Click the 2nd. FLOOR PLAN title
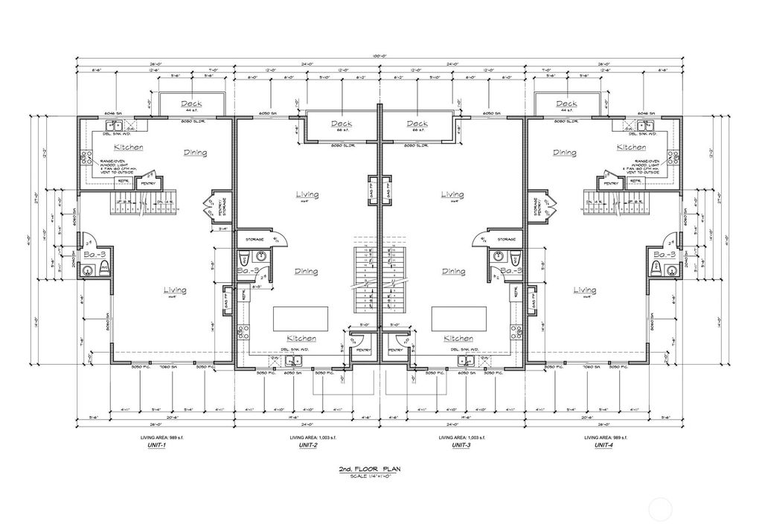380,470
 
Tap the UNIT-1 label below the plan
156,445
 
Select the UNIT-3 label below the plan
461,445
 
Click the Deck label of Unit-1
192,104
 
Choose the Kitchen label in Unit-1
129,147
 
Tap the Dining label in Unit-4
564,153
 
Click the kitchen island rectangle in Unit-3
455,318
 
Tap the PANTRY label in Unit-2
363,350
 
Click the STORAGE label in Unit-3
507,239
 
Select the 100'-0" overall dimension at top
380,57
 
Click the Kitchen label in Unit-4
631,147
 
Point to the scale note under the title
380,476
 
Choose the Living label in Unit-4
584,290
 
